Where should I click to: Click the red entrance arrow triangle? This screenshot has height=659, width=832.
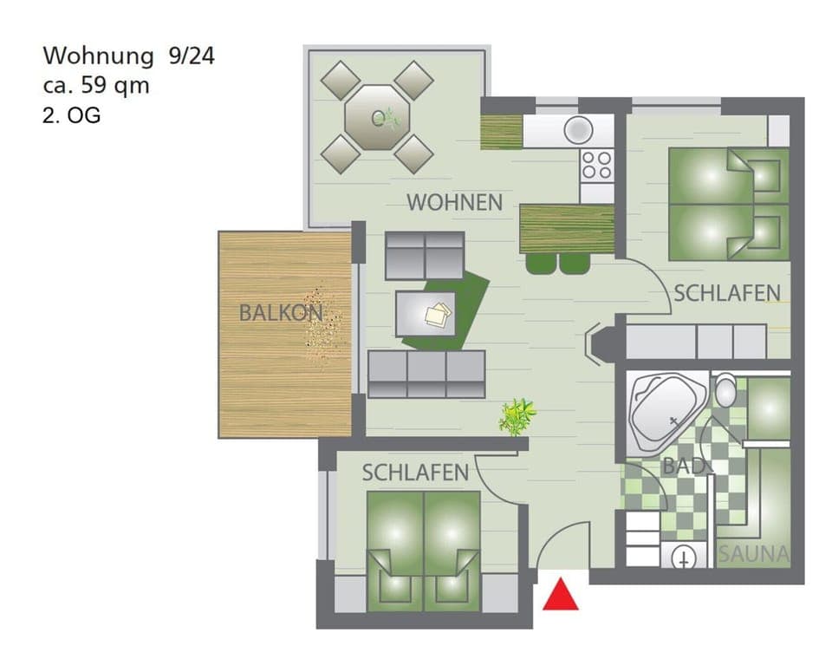point(561,596)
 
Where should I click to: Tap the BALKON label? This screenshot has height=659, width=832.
point(281,313)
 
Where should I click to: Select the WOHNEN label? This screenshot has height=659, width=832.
point(454,203)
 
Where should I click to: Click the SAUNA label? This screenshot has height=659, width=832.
point(753,554)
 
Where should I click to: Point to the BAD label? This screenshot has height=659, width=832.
point(681,466)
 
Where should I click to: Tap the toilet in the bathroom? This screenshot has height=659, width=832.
point(725,391)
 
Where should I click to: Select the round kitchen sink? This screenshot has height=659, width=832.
point(577,130)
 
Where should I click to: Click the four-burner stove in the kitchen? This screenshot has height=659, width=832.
point(597,164)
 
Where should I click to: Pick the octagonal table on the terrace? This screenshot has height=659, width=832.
point(376,116)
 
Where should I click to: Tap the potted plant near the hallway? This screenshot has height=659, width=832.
point(517,415)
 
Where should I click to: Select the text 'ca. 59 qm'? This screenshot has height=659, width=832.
point(95,85)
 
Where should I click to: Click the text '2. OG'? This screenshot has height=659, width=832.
point(71,114)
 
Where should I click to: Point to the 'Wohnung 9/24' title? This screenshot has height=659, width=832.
point(128,56)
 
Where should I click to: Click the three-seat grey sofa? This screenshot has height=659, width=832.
point(426,374)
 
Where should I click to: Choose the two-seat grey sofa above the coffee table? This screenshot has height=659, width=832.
point(425,254)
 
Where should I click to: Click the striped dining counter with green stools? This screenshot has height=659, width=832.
point(567,229)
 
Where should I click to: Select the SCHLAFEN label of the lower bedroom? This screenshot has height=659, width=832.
point(415,473)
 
